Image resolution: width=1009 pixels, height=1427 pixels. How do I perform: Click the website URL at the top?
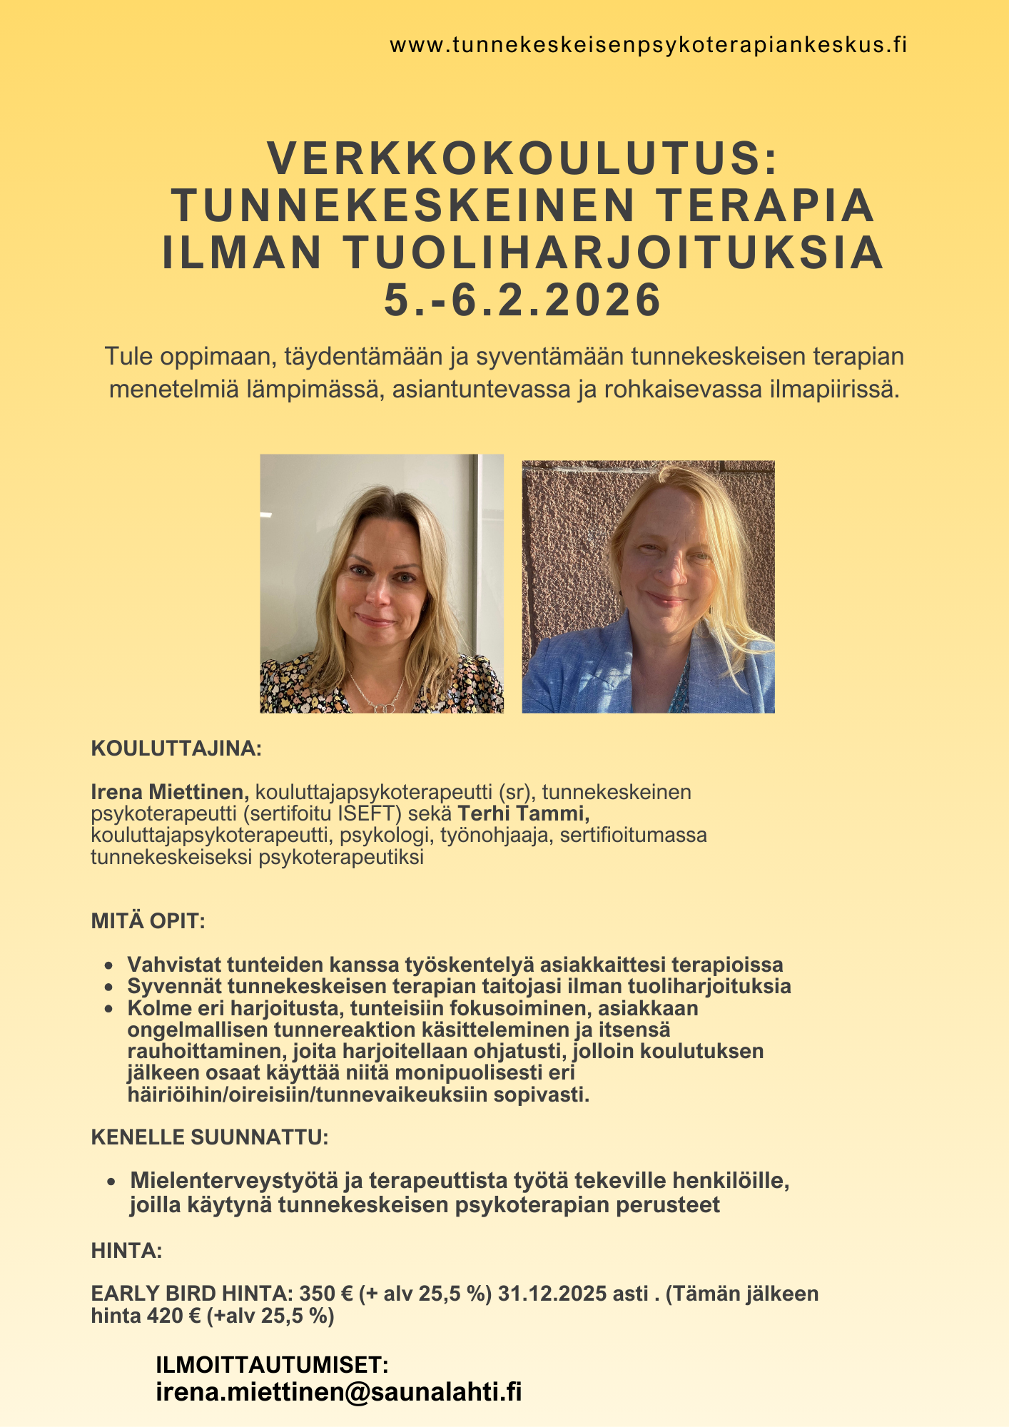(648, 46)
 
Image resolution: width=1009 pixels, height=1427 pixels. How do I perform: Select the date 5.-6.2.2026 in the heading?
(523, 300)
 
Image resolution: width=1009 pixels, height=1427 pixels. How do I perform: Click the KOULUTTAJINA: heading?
(176, 748)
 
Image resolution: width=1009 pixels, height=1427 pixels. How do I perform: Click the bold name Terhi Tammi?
(524, 813)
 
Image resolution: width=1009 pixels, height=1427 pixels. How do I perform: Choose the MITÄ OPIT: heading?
(148, 921)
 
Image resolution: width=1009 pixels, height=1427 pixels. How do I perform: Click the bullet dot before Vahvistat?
(108, 966)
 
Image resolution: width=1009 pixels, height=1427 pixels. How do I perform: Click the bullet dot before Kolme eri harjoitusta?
(108, 1010)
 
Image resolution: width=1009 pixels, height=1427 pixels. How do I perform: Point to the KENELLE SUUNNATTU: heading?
(210, 1137)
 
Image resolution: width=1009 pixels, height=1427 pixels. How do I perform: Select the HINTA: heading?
(126, 1251)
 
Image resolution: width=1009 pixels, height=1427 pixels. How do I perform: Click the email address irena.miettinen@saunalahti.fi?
(339, 1392)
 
